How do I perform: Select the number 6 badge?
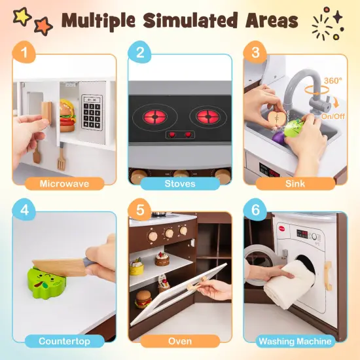click(x=255, y=211)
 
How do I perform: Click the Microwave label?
click(x=64, y=183)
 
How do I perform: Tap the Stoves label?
click(x=180, y=183)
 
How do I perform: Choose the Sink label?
click(x=295, y=183)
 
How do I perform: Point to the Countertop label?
click(x=64, y=341)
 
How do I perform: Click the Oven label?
click(x=180, y=341)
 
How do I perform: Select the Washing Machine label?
click(x=295, y=341)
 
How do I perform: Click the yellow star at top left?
click(x=22, y=16)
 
